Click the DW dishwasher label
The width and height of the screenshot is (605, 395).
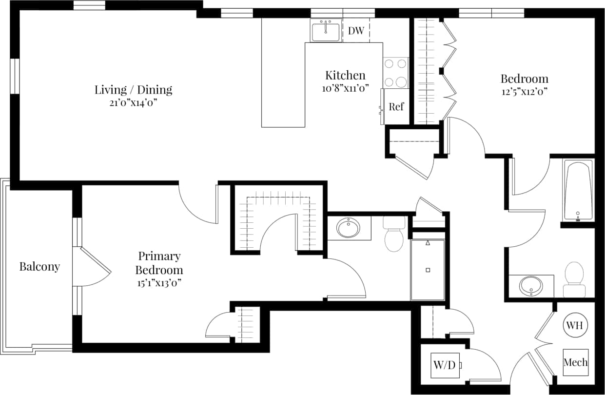[x=356, y=31]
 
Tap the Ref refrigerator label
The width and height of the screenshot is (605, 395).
[x=396, y=106]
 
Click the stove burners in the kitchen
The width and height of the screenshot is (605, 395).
[x=395, y=73]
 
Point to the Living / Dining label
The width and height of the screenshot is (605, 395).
[x=133, y=90]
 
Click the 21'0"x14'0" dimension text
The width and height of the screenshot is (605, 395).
[x=133, y=102]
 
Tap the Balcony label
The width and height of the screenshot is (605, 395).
[x=39, y=267]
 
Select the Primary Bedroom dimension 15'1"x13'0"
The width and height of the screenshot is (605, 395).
[x=159, y=282]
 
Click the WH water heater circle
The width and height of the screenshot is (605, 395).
[x=576, y=325]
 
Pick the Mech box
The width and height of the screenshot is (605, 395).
[x=575, y=362]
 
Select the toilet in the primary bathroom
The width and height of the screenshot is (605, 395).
[x=394, y=236]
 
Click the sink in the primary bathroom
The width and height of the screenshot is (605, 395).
[x=348, y=228]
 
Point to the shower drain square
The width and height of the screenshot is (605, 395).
[x=428, y=270]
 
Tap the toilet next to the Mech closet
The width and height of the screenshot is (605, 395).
[x=574, y=279]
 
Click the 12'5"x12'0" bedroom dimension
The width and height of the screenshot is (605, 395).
[x=524, y=91]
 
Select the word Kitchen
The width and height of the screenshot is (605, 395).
[x=345, y=76]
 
